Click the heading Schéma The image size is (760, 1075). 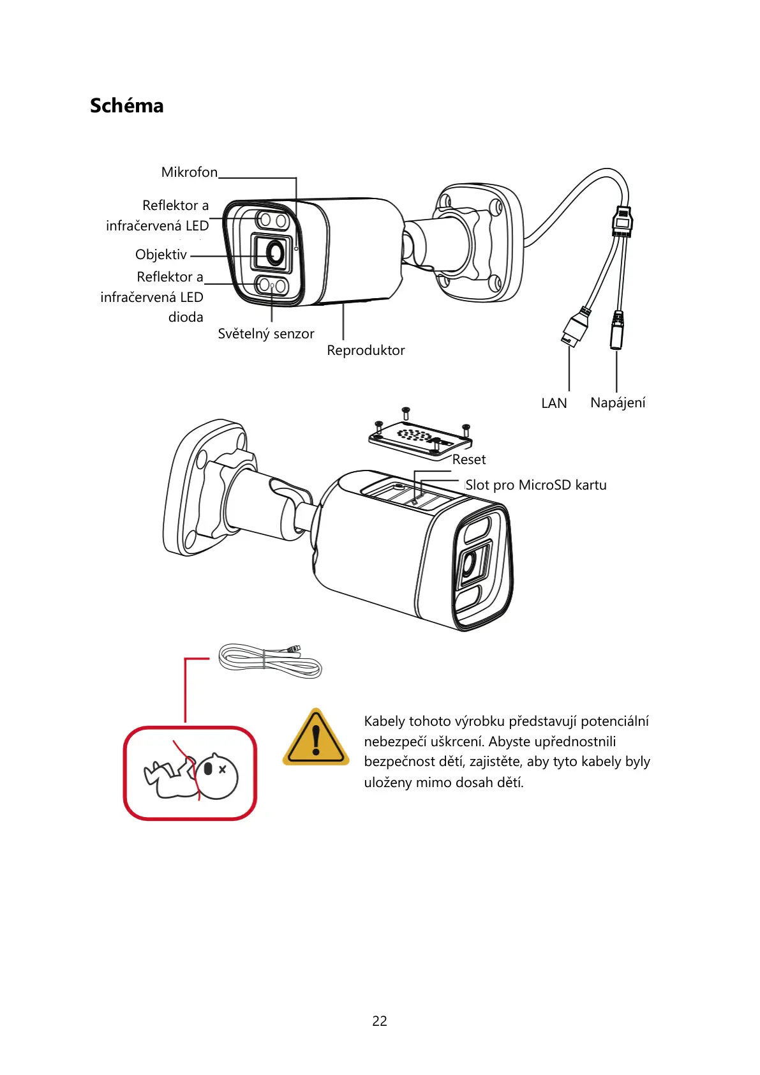pyautogui.click(x=126, y=105)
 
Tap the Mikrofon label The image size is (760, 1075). pyautogui.click(x=189, y=172)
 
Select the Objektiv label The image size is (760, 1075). pyautogui.click(x=161, y=255)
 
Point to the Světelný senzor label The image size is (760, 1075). pyautogui.click(x=265, y=334)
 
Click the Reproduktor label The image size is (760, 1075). pyautogui.click(x=366, y=350)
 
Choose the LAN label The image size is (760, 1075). pyautogui.click(x=553, y=403)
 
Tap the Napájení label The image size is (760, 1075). pyautogui.click(x=617, y=403)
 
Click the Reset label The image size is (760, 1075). pyautogui.click(x=468, y=460)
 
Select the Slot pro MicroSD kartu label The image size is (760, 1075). pyautogui.click(x=535, y=485)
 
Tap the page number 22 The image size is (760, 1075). pyautogui.click(x=380, y=1021)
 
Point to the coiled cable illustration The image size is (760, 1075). pyautogui.click(x=270, y=661)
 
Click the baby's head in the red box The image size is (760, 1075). pyautogui.click(x=216, y=776)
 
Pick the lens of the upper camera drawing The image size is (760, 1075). pyautogui.click(x=275, y=253)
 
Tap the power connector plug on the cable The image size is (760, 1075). pyautogui.click(x=617, y=329)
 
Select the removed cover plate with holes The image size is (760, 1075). pyautogui.click(x=420, y=439)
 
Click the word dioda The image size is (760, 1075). pyautogui.click(x=185, y=317)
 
